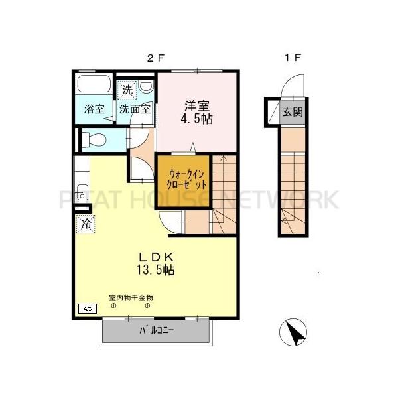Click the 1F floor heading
[292, 58]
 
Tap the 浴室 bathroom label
[94, 109]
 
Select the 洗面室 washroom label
[134, 109]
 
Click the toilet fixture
[93, 139]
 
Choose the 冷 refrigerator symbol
[86, 224]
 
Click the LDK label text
[155, 257]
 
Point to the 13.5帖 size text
[157, 270]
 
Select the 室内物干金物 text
[131, 298]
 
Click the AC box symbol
[86, 308]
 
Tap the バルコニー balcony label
[157, 330]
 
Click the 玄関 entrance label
[293, 111]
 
